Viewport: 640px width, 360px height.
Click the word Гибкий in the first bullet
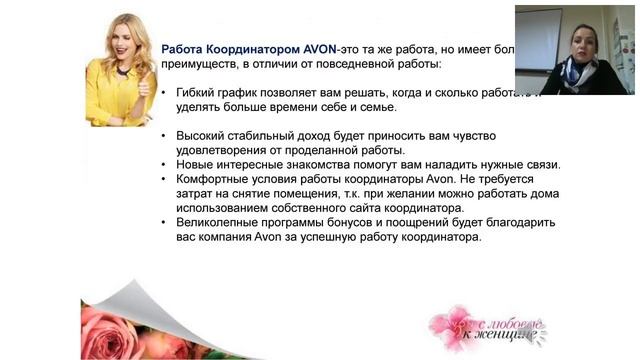[x=197, y=92]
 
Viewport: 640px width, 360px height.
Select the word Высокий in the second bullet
[x=200, y=135]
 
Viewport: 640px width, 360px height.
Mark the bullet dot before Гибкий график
[x=165, y=92]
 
